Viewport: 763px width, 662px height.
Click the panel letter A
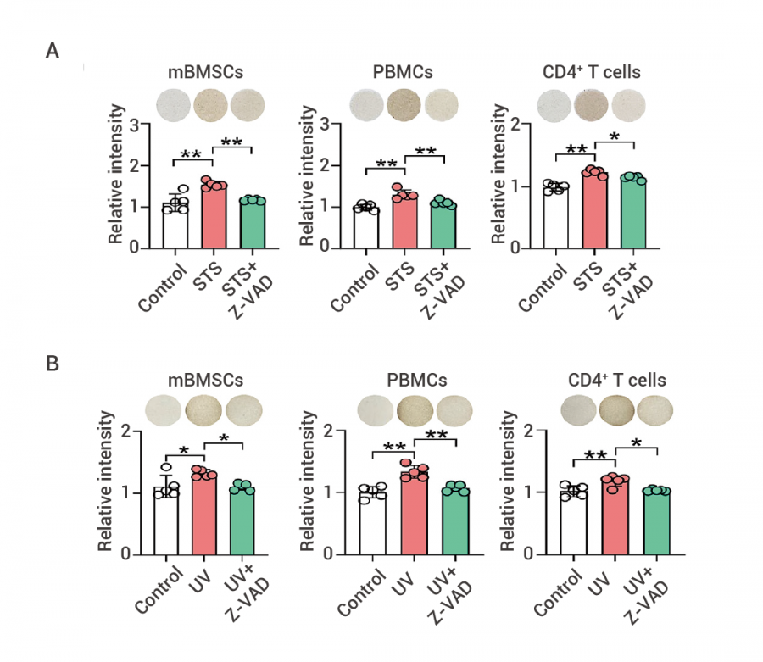pos(53,51)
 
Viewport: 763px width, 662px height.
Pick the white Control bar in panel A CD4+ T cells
pos(556,218)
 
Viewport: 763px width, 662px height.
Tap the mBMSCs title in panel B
pos(200,381)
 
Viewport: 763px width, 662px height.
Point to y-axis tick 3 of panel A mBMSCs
pos(136,125)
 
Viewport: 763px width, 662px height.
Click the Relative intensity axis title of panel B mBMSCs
pos(106,481)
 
